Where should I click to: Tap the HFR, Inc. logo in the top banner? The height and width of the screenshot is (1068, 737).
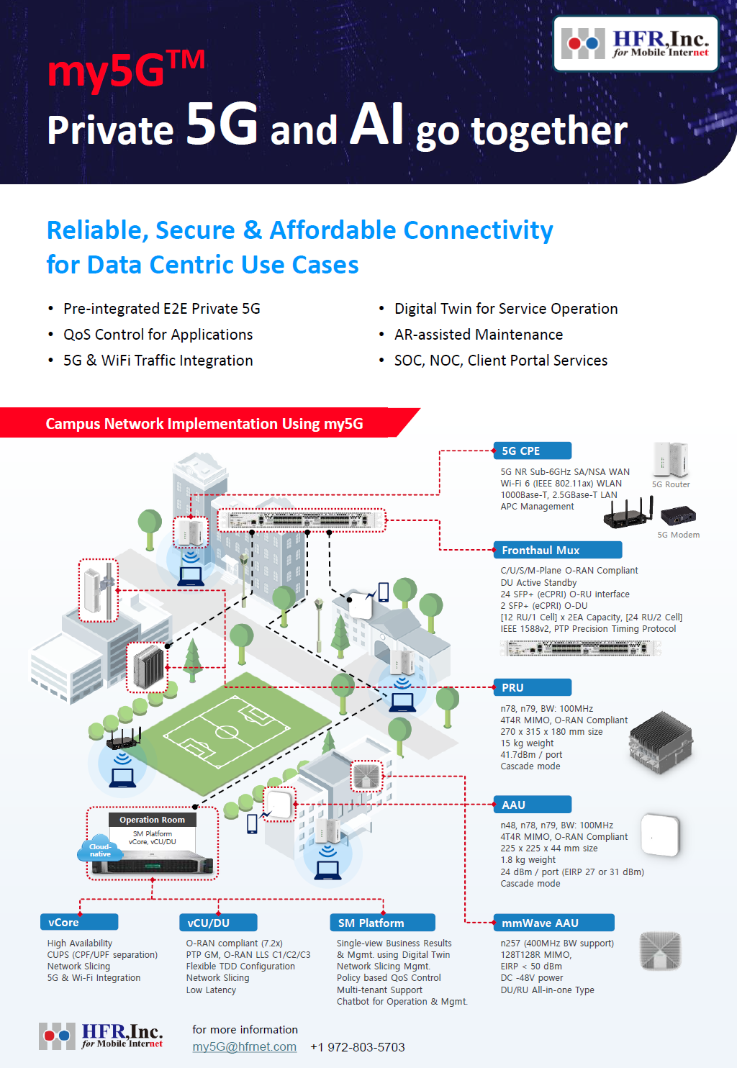[636, 43]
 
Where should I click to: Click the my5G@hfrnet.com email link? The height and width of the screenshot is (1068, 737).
[245, 1046]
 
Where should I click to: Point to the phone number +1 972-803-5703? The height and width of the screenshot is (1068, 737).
[358, 1047]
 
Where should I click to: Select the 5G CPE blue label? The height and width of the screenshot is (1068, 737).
[533, 451]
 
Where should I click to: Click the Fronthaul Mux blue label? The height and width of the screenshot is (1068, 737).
[558, 550]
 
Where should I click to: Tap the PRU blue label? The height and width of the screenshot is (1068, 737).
[533, 687]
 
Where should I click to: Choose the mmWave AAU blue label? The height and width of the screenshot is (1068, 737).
[554, 923]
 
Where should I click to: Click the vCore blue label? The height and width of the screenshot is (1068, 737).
[79, 922]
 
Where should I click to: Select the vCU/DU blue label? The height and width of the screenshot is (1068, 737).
[218, 922]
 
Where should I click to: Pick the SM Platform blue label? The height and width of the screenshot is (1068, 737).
[382, 922]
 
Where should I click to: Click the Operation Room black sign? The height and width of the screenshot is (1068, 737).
[153, 820]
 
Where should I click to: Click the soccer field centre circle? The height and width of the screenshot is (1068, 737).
[227, 732]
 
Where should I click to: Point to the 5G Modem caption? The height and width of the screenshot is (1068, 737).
[679, 535]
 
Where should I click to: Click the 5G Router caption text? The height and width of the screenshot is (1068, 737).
[671, 484]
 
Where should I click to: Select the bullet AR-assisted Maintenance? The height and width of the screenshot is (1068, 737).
[479, 334]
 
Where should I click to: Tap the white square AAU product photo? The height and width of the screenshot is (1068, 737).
[660, 835]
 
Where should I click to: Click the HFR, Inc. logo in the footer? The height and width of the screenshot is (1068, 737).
[101, 1036]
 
